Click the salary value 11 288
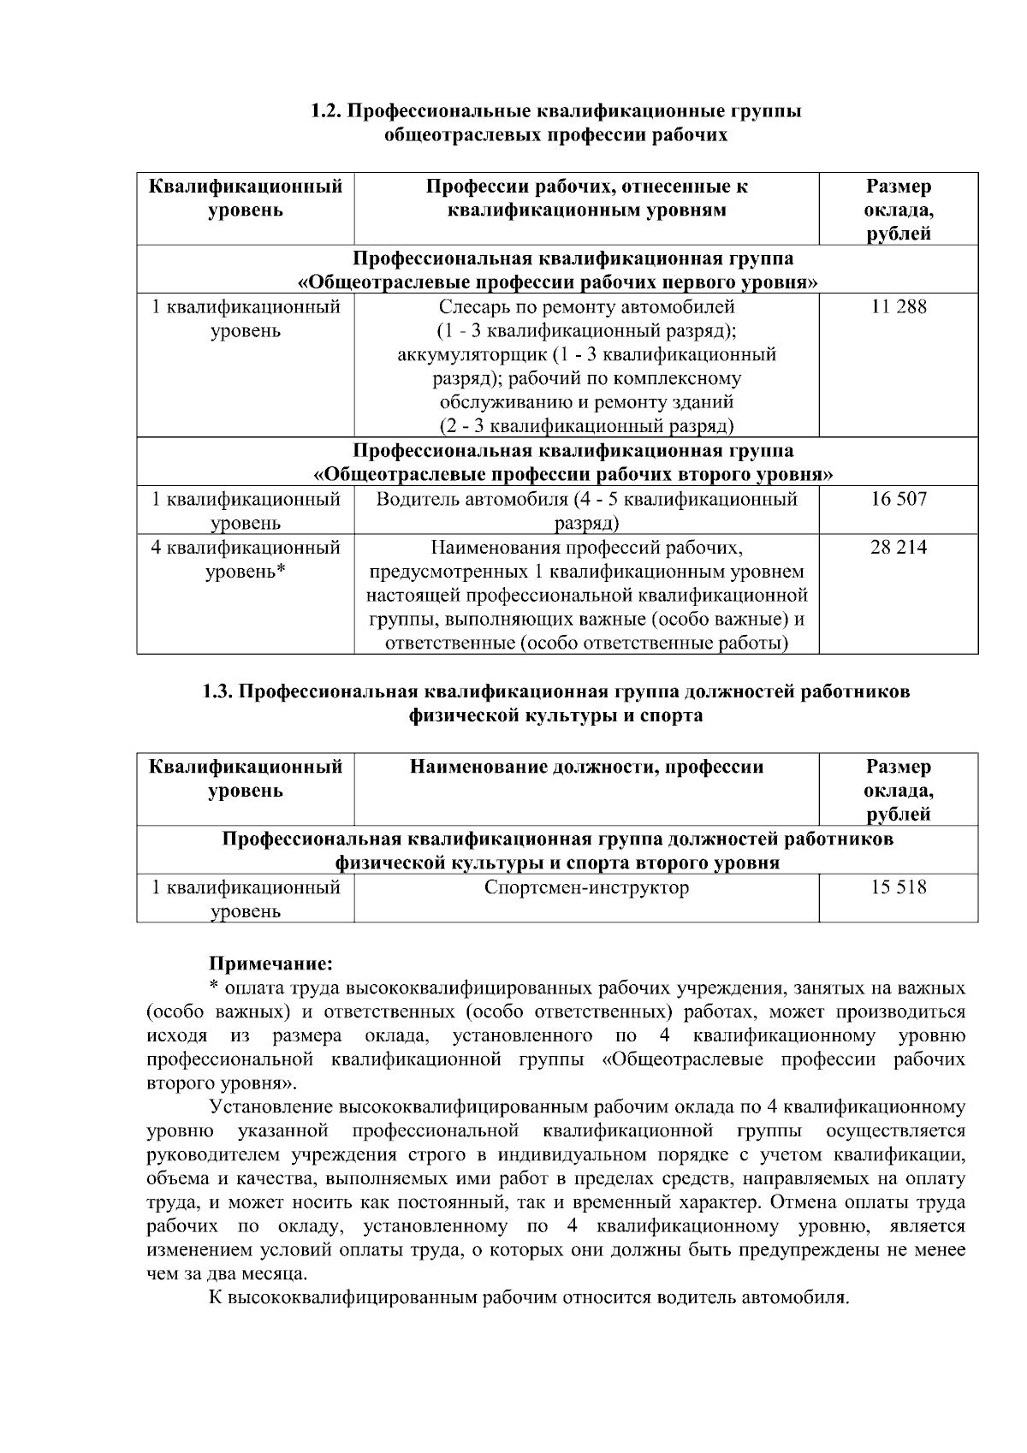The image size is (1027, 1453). click(898, 307)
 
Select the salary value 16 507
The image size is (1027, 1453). click(898, 499)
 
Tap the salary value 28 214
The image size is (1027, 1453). click(898, 548)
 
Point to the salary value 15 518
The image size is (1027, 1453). click(898, 888)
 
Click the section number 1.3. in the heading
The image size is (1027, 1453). click(217, 691)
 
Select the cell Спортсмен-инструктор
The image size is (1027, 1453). click(586, 888)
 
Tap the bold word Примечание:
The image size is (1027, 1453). click(270, 964)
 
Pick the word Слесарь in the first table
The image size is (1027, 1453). click(471, 307)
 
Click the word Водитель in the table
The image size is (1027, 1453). click(414, 499)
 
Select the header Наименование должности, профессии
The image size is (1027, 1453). click(586, 767)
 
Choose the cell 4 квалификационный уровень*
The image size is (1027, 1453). click(246, 560)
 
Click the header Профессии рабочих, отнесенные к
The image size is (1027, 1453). click(586, 187)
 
